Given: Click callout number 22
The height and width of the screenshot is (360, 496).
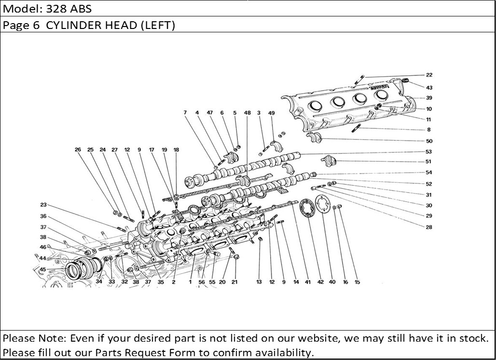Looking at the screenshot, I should tap(429, 75).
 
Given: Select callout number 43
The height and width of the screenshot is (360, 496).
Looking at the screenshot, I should tap(429, 87).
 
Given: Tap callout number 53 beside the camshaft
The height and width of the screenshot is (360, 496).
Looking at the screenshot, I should tap(429, 152).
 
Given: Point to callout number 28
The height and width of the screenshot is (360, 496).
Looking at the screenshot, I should tap(429, 227).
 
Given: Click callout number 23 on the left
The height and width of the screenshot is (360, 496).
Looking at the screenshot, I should tap(43, 205).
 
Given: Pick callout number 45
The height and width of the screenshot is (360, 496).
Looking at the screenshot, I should tap(43, 269).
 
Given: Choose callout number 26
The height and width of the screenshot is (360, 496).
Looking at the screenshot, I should tap(78, 150).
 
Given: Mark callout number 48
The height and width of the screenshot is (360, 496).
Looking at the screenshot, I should tap(248, 113).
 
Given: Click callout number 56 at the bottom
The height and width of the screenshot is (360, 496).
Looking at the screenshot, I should tap(202, 282).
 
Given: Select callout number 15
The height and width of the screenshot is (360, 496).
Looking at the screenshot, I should tap(357, 282).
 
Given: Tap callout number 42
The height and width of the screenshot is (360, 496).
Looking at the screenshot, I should tap(320, 282).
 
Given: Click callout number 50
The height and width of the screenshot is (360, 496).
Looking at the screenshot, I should tap(429, 141).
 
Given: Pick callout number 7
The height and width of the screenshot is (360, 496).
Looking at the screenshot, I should tap(185, 113).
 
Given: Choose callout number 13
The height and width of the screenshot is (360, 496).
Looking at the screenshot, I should tap(259, 282).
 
